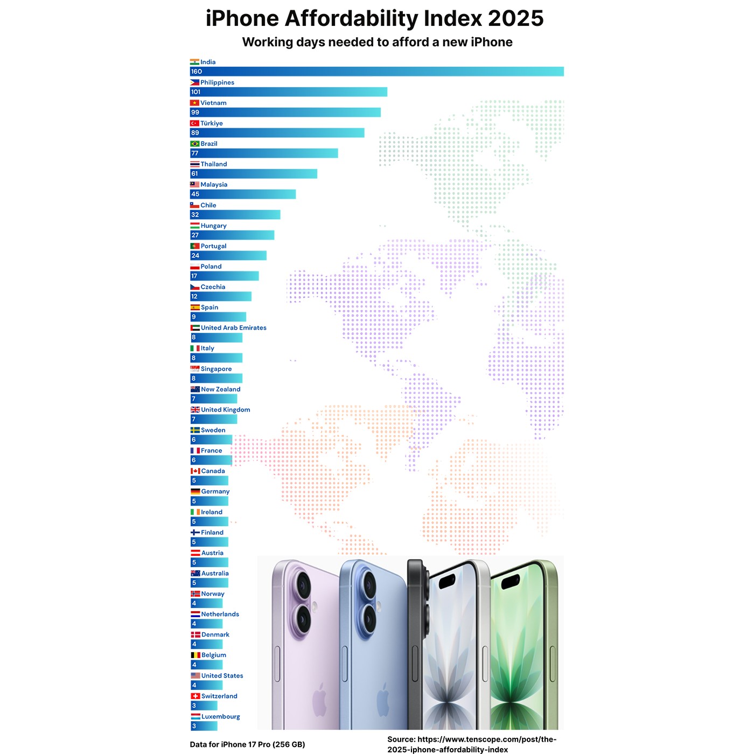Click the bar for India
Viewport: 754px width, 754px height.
[x=377, y=72]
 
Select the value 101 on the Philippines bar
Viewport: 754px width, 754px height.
[x=196, y=92]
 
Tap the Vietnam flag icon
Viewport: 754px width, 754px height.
[x=194, y=103]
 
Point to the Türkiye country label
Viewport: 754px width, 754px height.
[x=212, y=123]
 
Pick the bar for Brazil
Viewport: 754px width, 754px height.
[x=264, y=153]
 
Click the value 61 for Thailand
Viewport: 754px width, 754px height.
[x=194, y=174]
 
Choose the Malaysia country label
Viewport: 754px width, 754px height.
[x=214, y=185]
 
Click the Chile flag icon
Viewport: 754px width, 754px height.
[x=194, y=205]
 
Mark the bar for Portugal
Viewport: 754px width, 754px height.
[x=228, y=256]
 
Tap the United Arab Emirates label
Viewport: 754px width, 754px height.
[x=234, y=328]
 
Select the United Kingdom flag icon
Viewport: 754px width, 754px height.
[x=195, y=410]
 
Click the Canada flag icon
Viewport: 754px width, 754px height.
[x=195, y=471]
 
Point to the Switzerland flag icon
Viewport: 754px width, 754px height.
[x=195, y=696]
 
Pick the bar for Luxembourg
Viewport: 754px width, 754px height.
[x=204, y=727]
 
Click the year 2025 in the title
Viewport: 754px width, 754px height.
[x=515, y=19]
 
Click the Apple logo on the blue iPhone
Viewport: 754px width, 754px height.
[x=383, y=700]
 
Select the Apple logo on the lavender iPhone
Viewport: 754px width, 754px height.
[x=319, y=700]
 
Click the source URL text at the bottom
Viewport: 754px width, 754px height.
[x=472, y=744]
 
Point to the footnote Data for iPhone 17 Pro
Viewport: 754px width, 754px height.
[x=247, y=745]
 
